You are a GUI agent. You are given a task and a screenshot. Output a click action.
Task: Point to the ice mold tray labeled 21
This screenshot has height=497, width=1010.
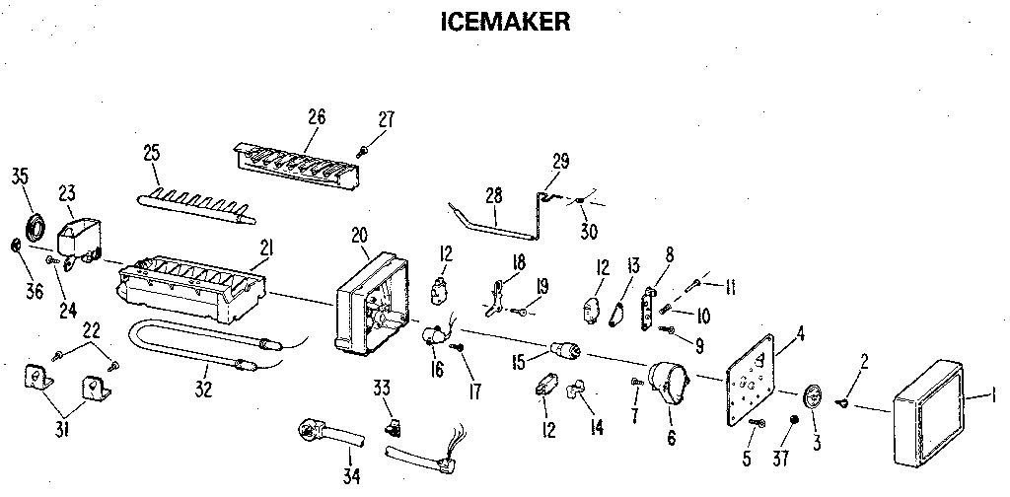[191, 290]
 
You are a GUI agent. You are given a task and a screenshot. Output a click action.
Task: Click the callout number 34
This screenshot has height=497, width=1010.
[352, 476]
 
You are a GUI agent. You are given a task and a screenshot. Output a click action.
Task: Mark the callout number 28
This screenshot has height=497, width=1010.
[494, 197]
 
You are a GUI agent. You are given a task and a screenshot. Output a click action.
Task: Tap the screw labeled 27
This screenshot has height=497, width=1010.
[363, 150]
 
